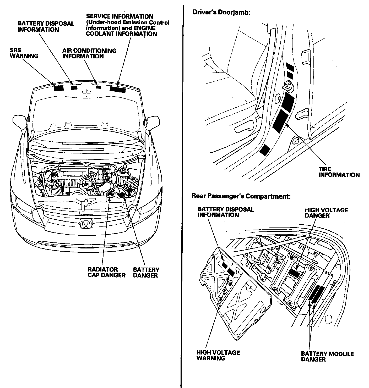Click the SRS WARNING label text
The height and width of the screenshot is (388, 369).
(x=24, y=53)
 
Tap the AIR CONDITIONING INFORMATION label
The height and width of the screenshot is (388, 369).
(x=89, y=53)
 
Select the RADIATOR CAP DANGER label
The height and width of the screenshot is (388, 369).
(x=107, y=272)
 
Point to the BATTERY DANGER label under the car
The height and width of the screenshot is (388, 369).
(x=146, y=272)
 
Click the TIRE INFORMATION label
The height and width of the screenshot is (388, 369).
(x=339, y=172)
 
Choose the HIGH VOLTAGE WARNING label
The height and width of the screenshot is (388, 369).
(x=218, y=355)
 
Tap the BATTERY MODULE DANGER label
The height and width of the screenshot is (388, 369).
(x=327, y=357)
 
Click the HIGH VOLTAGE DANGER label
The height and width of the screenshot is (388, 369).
(x=326, y=213)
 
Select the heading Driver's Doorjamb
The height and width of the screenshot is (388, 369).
(x=221, y=12)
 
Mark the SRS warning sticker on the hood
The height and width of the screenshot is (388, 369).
(x=58, y=88)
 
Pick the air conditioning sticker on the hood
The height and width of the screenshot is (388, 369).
(x=98, y=87)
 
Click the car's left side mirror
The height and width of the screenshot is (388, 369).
(x=154, y=123)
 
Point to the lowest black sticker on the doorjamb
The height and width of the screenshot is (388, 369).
(x=265, y=150)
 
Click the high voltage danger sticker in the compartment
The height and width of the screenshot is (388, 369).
(x=295, y=274)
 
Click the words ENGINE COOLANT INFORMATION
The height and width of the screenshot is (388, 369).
(x=122, y=31)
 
